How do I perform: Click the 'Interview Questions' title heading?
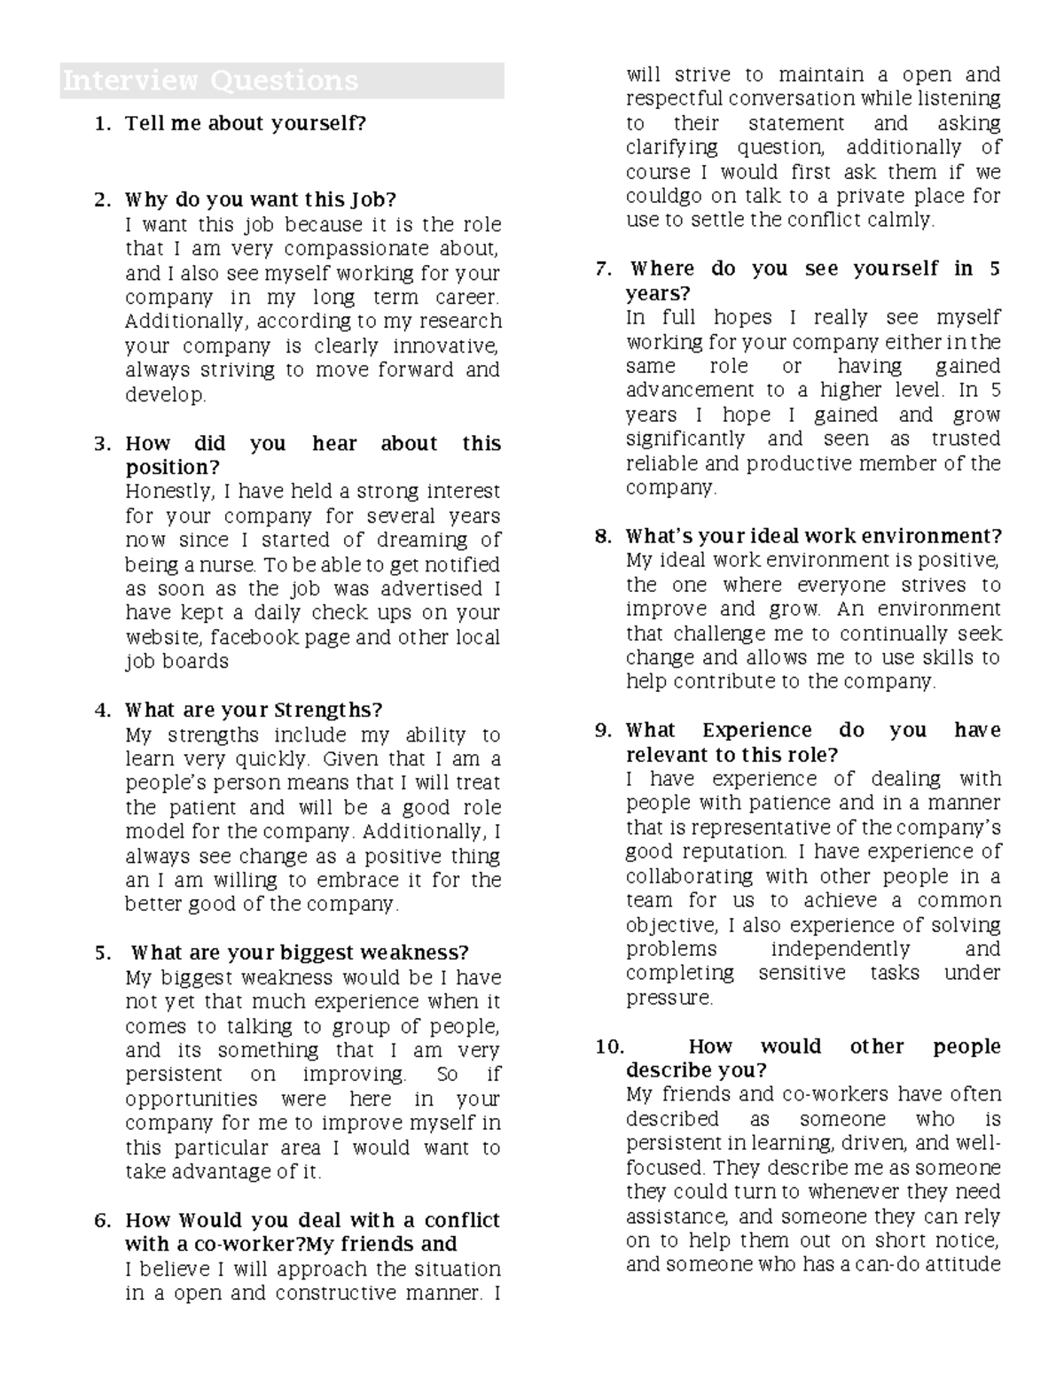(210, 81)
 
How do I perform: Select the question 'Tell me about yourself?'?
(246, 123)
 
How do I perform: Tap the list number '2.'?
(103, 199)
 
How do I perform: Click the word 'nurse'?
(232, 564)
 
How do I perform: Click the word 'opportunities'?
(191, 1099)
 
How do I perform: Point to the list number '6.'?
(103, 1220)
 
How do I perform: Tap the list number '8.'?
(603, 536)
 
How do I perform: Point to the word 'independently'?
(840, 949)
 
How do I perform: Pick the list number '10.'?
(610, 1046)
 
